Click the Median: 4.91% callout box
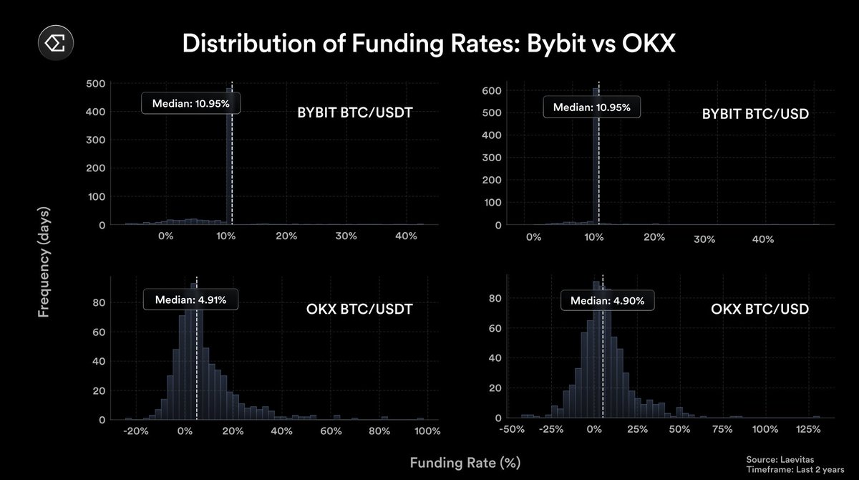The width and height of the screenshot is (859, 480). [190, 300]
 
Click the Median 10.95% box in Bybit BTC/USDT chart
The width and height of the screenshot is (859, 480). [190, 103]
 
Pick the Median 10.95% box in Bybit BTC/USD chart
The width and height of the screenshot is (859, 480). [592, 107]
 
